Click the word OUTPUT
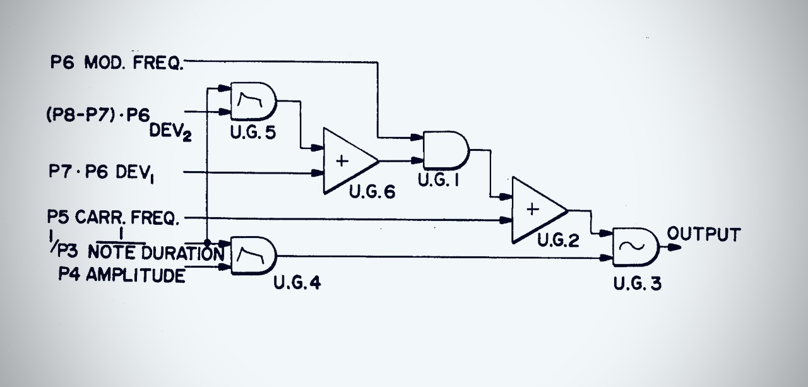pos(704,235)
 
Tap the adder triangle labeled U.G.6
pos(347,160)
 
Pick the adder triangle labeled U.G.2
pos(536,210)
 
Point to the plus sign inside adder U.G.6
pos(342,160)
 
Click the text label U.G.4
pos(297,283)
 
